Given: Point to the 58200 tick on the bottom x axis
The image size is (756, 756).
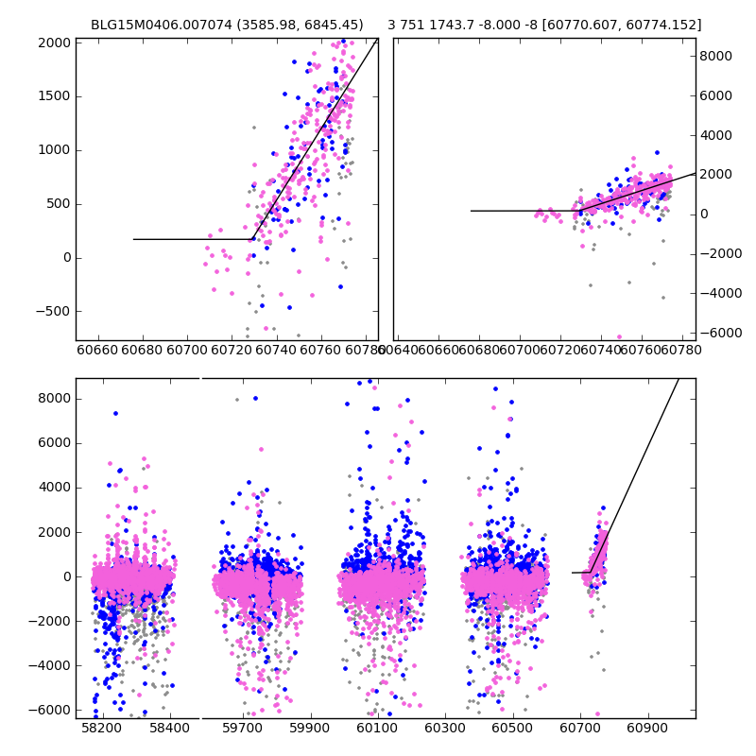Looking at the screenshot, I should pyautogui.click(x=101, y=730).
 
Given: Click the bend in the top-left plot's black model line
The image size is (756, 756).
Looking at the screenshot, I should pyautogui.click(x=253, y=239).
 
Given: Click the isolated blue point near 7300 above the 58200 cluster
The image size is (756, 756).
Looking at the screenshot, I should pyautogui.click(x=115, y=413).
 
